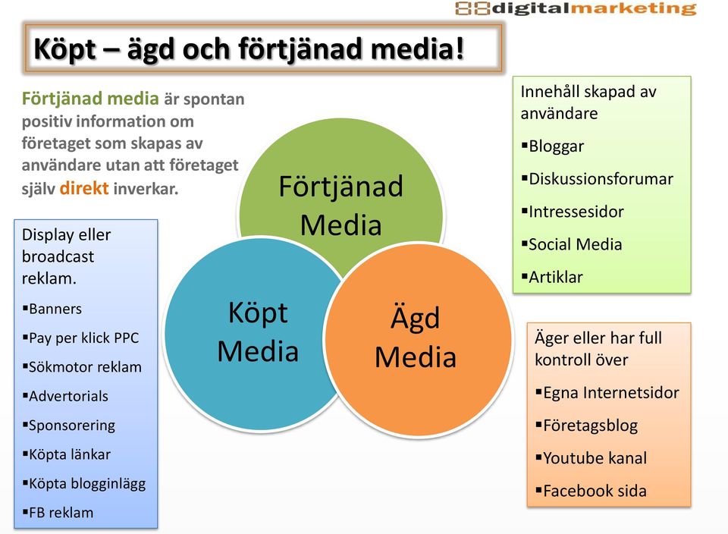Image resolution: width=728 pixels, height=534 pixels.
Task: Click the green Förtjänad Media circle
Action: click(341, 186)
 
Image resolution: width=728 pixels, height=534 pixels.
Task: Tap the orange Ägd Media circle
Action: click(418, 340)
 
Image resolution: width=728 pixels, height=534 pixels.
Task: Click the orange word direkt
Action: click(84, 188)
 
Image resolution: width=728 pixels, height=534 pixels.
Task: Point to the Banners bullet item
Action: click(52, 309)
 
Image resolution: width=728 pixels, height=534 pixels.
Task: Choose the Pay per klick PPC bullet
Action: click(81, 338)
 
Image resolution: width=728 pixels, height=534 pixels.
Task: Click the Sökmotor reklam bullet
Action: click(82, 367)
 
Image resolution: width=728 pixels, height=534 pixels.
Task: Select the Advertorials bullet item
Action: click(65, 396)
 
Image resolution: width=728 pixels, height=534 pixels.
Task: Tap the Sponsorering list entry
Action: click(69, 426)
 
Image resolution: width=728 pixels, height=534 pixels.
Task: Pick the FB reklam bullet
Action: click(58, 513)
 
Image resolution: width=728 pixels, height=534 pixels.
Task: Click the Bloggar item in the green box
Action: click(553, 146)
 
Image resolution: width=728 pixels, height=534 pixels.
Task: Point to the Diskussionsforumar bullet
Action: click(597, 179)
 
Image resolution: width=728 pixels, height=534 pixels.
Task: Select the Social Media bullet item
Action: click(572, 244)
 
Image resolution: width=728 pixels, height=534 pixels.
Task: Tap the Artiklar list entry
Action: click(552, 277)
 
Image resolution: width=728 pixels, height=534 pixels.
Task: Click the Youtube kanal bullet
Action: click(591, 458)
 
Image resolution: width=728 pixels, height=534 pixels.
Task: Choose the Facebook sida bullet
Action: click(591, 491)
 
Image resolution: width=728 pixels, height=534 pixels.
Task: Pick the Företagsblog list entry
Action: click(587, 426)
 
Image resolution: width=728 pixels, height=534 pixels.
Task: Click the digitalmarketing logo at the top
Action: click(576, 8)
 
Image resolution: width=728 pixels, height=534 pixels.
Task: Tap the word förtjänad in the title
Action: click(300, 49)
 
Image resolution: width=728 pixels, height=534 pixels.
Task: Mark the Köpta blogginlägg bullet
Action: click(84, 484)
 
